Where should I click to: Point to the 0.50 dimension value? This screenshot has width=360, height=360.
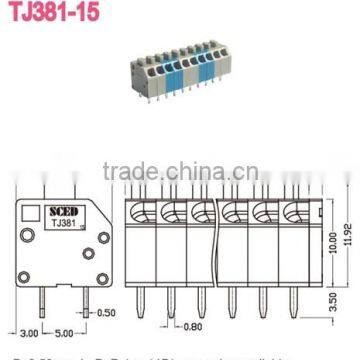[105, 313]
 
